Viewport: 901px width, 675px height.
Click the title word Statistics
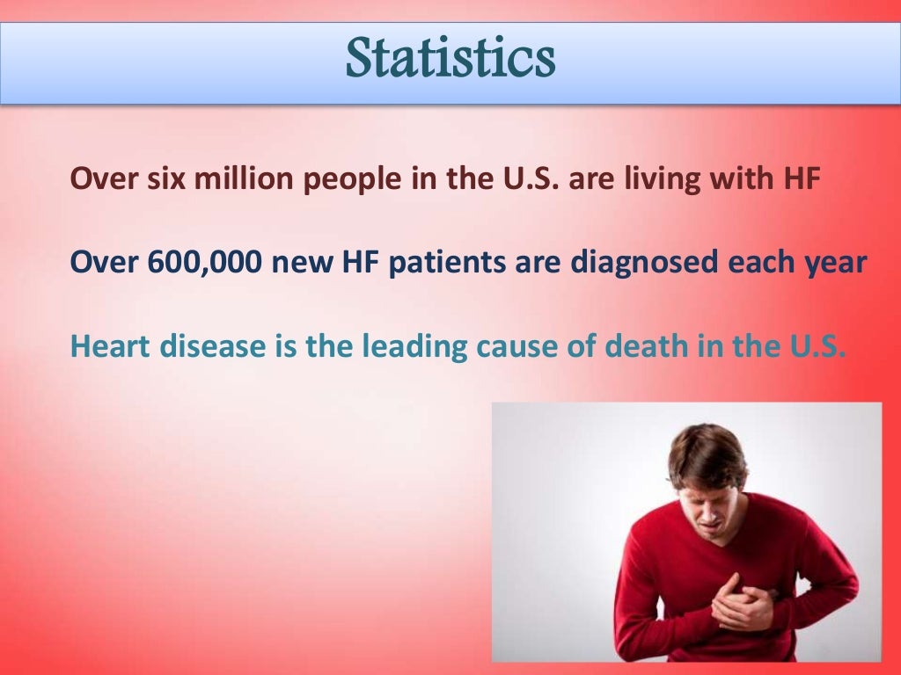(450, 60)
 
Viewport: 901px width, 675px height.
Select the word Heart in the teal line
(111, 345)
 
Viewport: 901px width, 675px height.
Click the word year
(836, 262)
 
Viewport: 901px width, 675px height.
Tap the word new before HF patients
(296, 262)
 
